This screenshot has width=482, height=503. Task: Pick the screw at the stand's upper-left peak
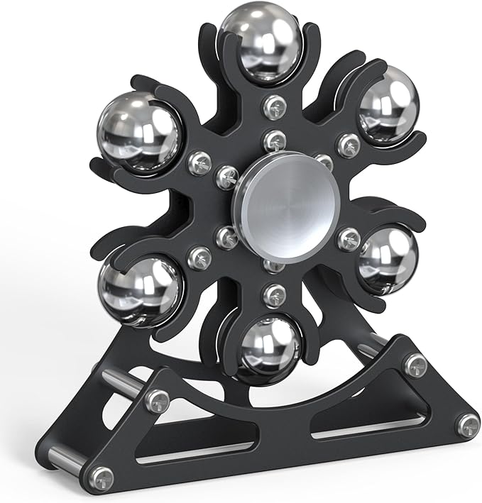click(x=157, y=399)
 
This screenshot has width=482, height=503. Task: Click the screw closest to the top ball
click(x=273, y=106)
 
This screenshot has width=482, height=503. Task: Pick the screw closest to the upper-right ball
click(x=349, y=144)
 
